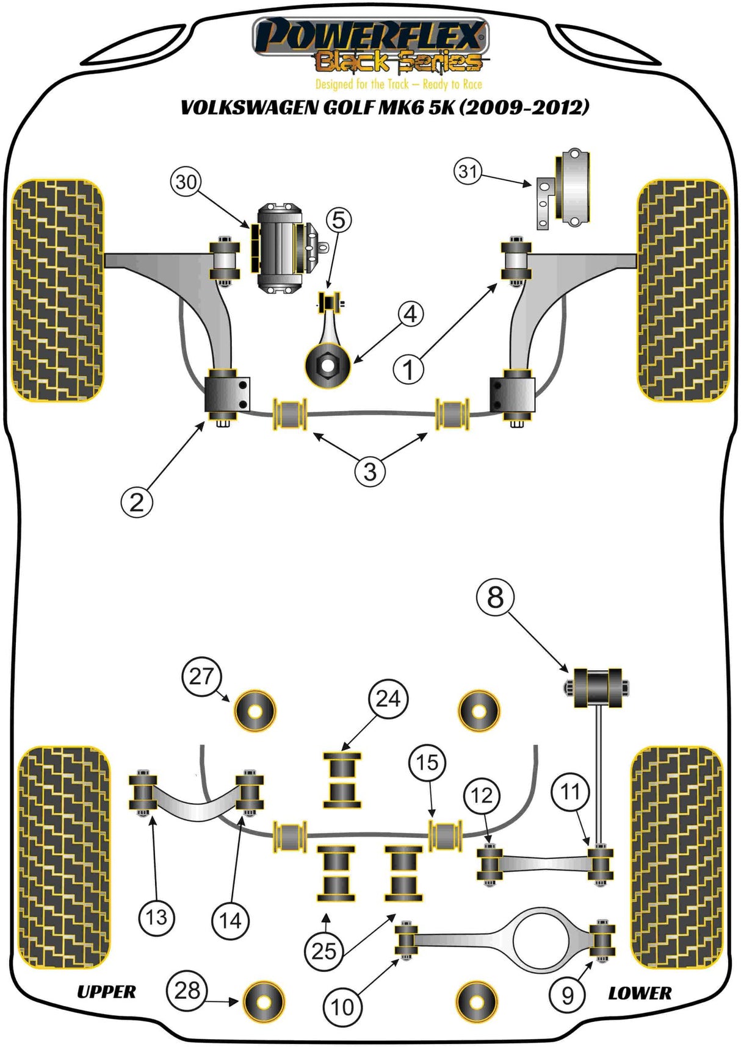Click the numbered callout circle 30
click(186, 182)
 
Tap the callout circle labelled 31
click(468, 171)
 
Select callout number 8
click(495, 597)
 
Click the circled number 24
click(388, 698)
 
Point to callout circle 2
click(137, 502)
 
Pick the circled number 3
click(370, 471)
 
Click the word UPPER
click(106, 992)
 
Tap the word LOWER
click(640, 993)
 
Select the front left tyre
click(58, 290)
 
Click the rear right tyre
click(676, 857)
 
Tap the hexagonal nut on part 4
click(328, 366)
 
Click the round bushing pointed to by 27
click(255, 711)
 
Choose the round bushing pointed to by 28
click(264, 1002)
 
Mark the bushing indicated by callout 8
click(598, 688)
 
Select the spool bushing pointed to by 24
click(342, 780)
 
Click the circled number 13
click(156, 917)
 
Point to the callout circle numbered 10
click(342, 1007)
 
